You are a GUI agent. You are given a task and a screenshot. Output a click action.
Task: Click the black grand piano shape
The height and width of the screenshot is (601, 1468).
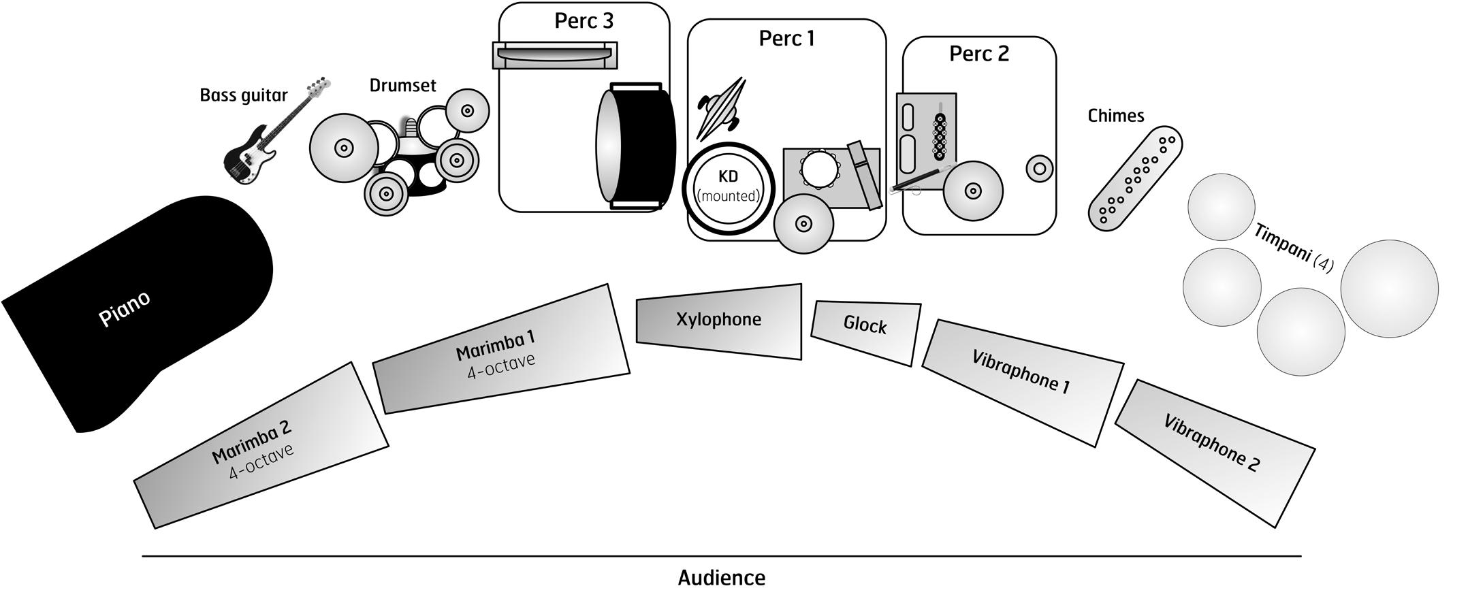(136, 306)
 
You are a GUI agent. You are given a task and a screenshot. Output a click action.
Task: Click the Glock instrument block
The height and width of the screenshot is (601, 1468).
(865, 331)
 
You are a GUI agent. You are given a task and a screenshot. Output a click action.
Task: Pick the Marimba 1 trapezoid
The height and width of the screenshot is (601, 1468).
(500, 351)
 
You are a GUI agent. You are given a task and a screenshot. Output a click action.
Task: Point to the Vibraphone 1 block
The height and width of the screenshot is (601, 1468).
(1021, 378)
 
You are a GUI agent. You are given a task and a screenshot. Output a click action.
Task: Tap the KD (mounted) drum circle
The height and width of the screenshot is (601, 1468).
(729, 188)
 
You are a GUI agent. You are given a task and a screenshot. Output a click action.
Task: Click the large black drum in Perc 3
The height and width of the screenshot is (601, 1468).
(637, 146)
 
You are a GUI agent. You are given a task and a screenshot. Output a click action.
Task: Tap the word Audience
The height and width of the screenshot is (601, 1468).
(721, 578)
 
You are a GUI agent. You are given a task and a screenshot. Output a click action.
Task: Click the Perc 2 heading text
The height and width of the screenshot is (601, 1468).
(978, 54)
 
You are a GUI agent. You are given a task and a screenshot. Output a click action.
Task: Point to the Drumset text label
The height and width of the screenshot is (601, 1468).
(402, 86)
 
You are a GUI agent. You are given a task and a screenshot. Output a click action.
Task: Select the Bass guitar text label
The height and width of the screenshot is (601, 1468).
(243, 95)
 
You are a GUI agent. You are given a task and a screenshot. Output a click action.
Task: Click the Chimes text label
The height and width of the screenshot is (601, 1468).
(1115, 116)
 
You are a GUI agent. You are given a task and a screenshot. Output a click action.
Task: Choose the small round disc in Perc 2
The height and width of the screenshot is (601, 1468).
(1039, 168)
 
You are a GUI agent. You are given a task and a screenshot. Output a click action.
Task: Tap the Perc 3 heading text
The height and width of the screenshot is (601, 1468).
(584, 21)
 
